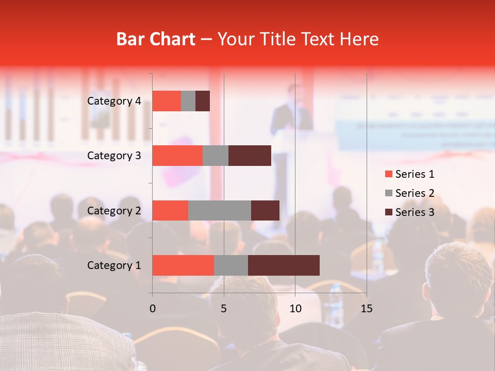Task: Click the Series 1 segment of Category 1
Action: (183, 265)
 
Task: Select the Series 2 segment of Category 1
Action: (230, 265)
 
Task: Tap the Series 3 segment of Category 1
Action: (284, 265)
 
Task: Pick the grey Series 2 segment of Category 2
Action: (219, 210)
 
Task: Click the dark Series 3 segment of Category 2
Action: (265, 210)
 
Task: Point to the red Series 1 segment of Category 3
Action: (177, 156)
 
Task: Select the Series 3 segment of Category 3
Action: (250, 156)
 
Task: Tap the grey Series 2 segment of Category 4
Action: (188, 101)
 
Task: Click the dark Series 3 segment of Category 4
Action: (203, 101)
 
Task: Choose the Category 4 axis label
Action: (114, 101)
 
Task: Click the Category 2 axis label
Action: (114, 210)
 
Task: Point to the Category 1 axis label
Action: (114, 265)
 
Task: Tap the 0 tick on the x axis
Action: (152, 309)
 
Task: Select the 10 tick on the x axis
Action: (295, 309)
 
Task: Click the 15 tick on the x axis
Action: (366, 309)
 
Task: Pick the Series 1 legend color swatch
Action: (388, 174)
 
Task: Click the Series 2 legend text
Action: (415, 193)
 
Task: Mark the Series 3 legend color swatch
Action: (388, 212)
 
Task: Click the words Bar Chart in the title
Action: (155, 39)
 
